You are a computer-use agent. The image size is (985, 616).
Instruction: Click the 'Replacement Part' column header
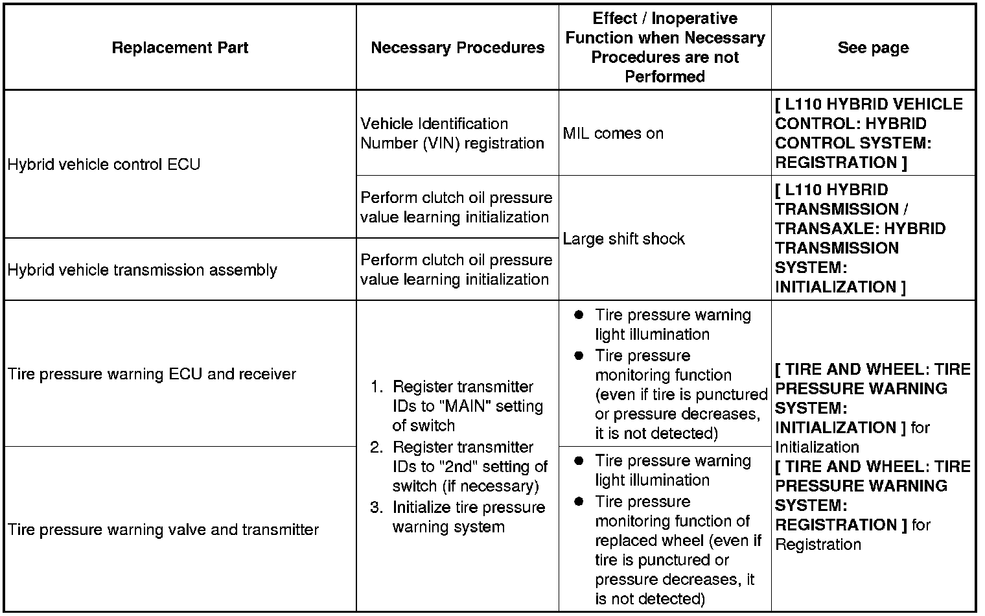point(180,47)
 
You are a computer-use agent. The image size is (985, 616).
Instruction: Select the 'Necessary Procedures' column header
point(458,47)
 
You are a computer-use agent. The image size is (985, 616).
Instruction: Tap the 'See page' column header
point(873,47)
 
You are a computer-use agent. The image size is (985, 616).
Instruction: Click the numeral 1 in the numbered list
point(375,386)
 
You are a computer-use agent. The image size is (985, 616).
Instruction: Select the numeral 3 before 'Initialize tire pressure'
point(375,507)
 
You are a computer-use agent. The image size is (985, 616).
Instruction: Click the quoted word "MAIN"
point(467,406)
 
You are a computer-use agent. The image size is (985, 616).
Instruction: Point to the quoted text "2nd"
point(458,466)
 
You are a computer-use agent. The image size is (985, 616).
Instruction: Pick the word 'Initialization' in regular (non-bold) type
point(817,447)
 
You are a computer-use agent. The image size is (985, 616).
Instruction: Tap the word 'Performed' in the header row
point(665,77)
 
